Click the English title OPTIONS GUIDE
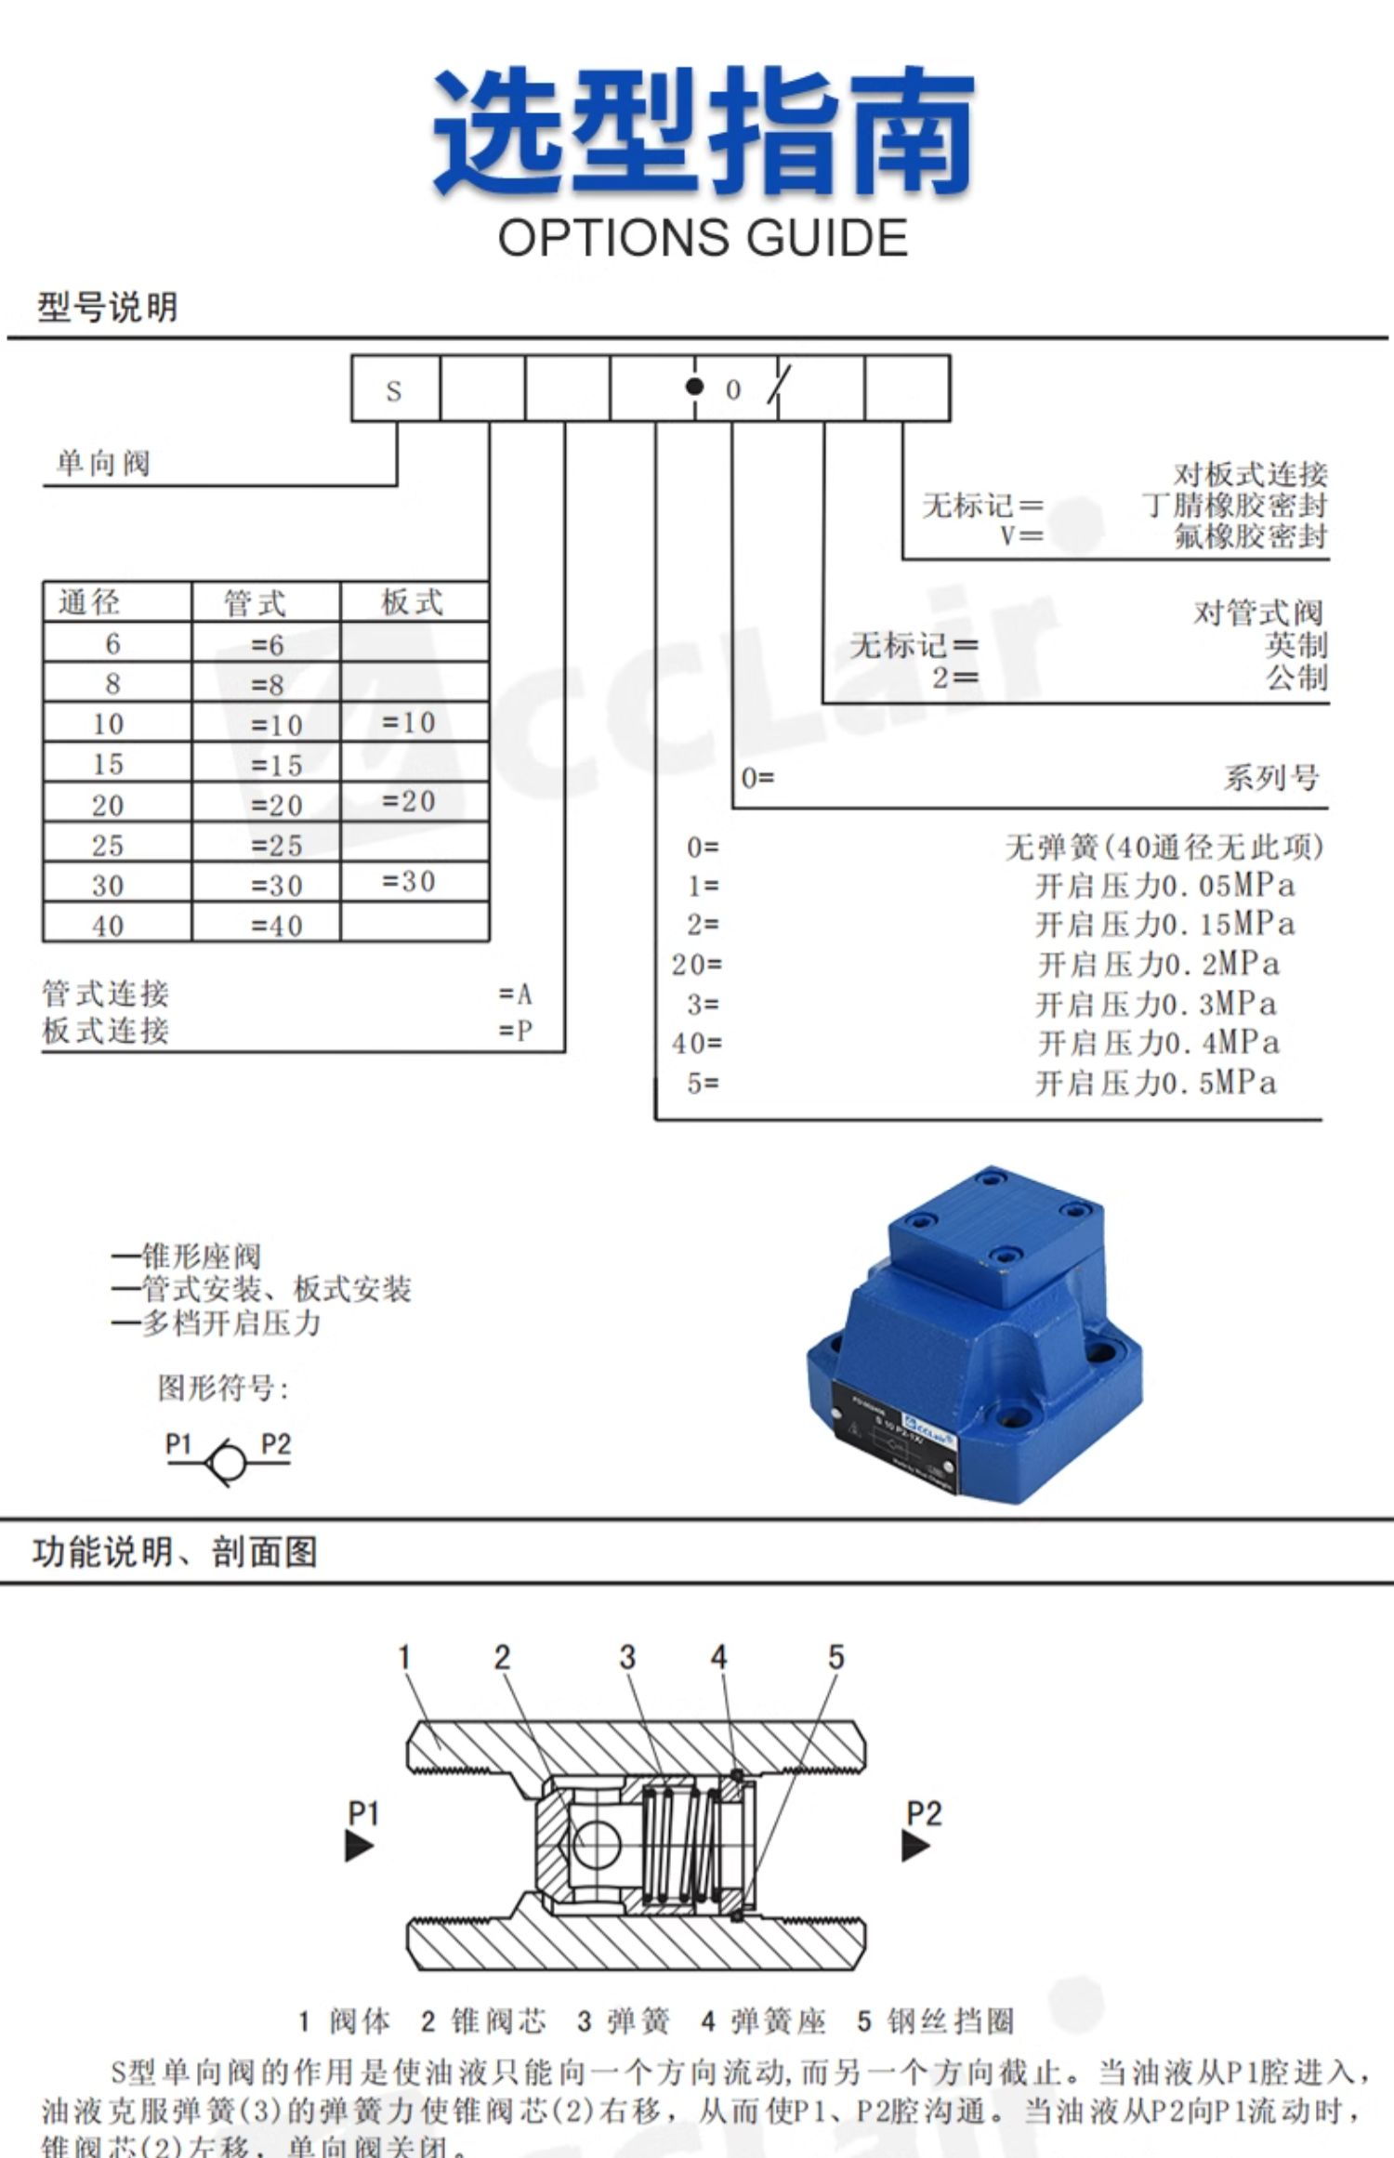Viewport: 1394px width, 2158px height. coord(703,238)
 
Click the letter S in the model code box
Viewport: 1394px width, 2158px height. coord(394,391)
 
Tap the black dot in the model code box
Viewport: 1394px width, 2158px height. coord(693,387)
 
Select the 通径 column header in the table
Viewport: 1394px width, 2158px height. coord(89,602)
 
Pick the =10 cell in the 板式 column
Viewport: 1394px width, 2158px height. coord(409,722)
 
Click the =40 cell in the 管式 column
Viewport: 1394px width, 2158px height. coord(277,926)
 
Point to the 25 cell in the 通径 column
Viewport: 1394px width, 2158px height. coord(108,846)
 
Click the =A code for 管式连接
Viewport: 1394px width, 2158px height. coord(516,994)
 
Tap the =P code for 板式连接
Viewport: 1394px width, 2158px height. coord(516,1031)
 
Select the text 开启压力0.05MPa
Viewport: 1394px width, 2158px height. coord(1165,886)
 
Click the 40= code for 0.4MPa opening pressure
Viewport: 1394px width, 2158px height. coord(697,1044)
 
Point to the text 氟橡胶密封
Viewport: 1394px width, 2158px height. coord(1251,536)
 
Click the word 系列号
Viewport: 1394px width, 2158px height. coord(1270,777)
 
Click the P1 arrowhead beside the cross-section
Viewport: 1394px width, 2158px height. coord(359,1845)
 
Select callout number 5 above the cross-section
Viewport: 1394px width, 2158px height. coord(835,1657)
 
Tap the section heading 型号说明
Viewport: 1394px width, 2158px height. coord(108,307)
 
